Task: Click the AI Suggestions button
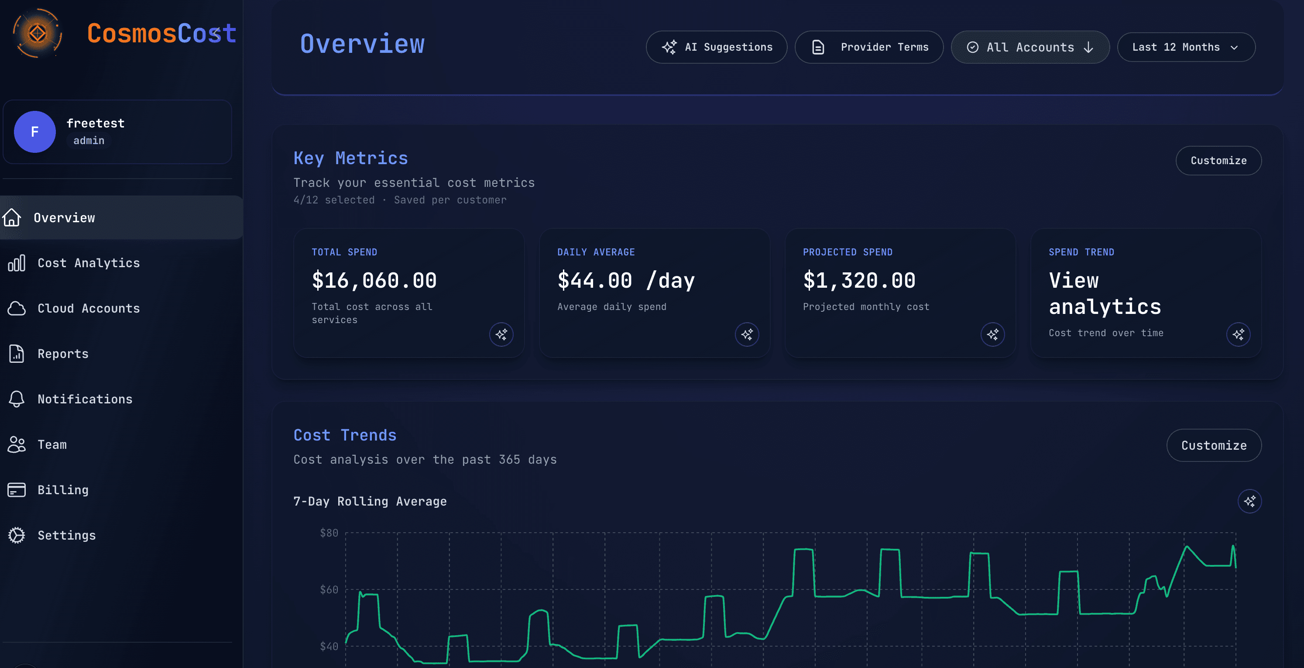click(x=716, y=47)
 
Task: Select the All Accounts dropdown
click(x=1029, y=47)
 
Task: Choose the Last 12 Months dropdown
click(x=1186, y=47)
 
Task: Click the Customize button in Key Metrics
click(x=1218, y=161)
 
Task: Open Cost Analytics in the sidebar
click(x=89, y=263)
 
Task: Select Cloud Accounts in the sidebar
click(x=89, y=308)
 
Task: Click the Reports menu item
click(x=63, y=354)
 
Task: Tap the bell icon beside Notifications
click(x=17, y=399)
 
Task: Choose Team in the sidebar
click(x=51, y=444)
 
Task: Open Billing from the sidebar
click(x=63, y=490)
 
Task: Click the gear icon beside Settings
click(x=17, y=535)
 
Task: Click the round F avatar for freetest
click(x=34, y=132)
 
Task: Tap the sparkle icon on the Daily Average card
click(x=747, y=334)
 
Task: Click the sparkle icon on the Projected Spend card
click(x=992, y=334)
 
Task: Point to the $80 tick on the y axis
click(x=329, y=533)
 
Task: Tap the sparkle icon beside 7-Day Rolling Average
click(x=1249, y=501)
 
